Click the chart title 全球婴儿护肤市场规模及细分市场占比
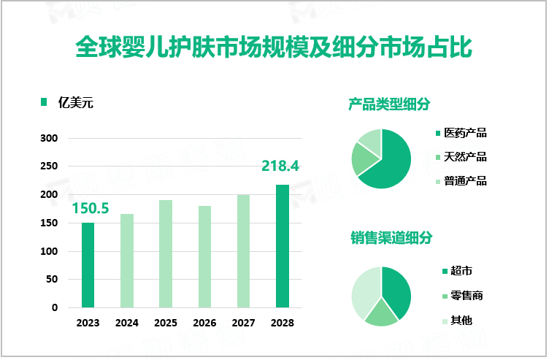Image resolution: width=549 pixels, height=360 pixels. click(x=274, y=47)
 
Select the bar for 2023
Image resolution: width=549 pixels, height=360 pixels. click(x=88, y=265)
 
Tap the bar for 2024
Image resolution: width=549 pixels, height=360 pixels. click(x=127, y=261)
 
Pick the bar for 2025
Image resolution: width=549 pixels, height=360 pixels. click(x=166, y=253)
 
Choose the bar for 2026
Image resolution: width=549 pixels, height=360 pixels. click(x=204, y=256)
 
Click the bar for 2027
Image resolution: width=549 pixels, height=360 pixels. click(x=243, y=250)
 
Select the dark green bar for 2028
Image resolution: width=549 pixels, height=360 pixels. click(x=282, y=246)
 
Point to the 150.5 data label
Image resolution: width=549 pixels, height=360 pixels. click(x=91, y=209)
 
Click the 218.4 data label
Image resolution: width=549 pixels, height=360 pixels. click(x=280, y=166)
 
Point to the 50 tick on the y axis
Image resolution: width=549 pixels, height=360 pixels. click(x=52, y=280)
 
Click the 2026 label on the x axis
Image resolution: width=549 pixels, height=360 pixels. click(x=204, y=322)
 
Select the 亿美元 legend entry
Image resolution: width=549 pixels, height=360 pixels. click(x=76, y=102)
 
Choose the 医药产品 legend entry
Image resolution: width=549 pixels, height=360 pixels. click(x=465, y=133)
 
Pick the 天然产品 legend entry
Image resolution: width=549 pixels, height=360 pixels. click(x=465, y=157)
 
